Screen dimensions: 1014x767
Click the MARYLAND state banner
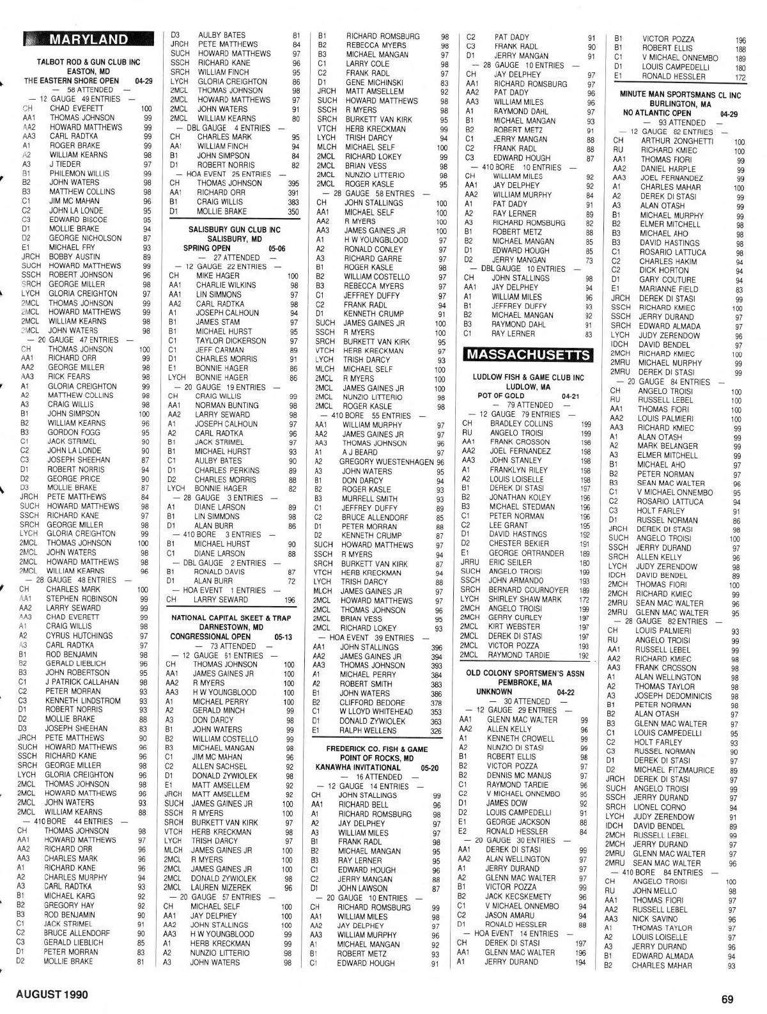point(88,40)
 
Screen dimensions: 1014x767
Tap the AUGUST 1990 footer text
point(52,995)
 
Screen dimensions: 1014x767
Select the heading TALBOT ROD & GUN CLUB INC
point(88,63)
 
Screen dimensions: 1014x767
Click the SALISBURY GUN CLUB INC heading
point(235,229)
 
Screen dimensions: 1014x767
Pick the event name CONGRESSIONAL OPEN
point(210,637)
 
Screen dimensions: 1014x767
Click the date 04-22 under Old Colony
point(566,692)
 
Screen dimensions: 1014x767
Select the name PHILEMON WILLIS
point(79,173)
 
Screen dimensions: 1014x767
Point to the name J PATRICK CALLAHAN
point(83,682)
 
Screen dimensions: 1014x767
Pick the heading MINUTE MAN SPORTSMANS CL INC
point(681,95)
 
